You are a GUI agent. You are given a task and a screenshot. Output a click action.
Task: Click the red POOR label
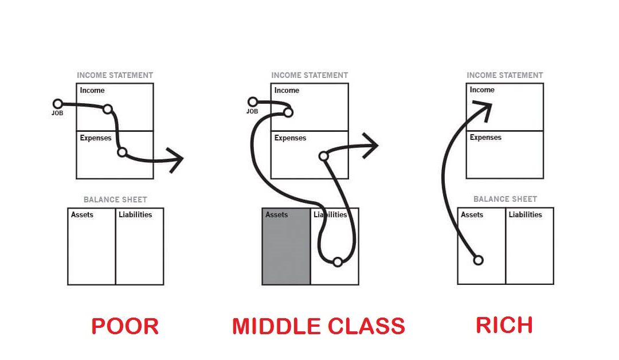coord(125,326)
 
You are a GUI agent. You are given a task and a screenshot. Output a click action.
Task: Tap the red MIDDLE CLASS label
coord(318,326)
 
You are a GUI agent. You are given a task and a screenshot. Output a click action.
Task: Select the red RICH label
coord(504,325)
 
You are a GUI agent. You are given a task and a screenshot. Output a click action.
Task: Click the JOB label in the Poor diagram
coord(57,113)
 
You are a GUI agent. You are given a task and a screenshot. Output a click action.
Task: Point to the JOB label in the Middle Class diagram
coord(252,111)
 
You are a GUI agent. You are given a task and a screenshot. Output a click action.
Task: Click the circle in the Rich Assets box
coord(478,260)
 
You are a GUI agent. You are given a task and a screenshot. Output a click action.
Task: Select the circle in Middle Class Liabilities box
coord(338,262)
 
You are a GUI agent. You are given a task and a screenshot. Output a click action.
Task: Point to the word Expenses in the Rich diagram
coord(485,138)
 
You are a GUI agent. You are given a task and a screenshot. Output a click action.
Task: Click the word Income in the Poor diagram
coord(92,91)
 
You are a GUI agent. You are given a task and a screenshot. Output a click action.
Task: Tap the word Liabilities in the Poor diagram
coord(135,215)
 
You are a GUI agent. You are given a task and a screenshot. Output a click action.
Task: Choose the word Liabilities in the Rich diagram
coord(525,215)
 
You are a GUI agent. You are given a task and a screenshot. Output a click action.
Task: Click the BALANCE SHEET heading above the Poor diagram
coord(115,199)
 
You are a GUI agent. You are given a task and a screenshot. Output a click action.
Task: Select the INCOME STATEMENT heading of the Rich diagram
coord(504,75)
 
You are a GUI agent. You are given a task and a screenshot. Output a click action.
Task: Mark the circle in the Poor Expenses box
coord(122,152)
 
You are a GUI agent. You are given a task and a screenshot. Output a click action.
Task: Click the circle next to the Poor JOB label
coord(57,104)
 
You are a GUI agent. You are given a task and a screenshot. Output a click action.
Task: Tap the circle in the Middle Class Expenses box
coord(323,156)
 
